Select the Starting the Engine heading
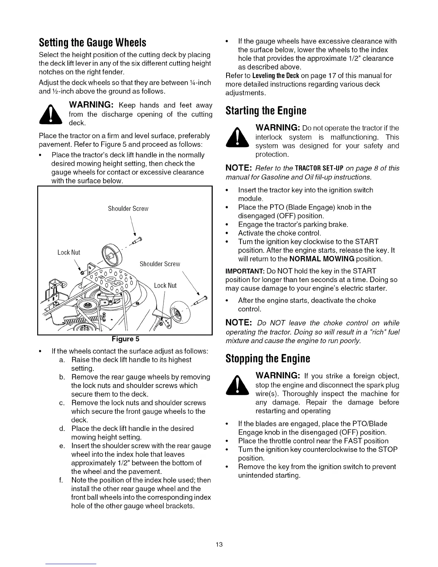(266, 111)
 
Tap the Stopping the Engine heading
(268, 358)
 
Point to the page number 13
(219, 544)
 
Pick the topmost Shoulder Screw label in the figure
(128, 209)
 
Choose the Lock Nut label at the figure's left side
(69, 252)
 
